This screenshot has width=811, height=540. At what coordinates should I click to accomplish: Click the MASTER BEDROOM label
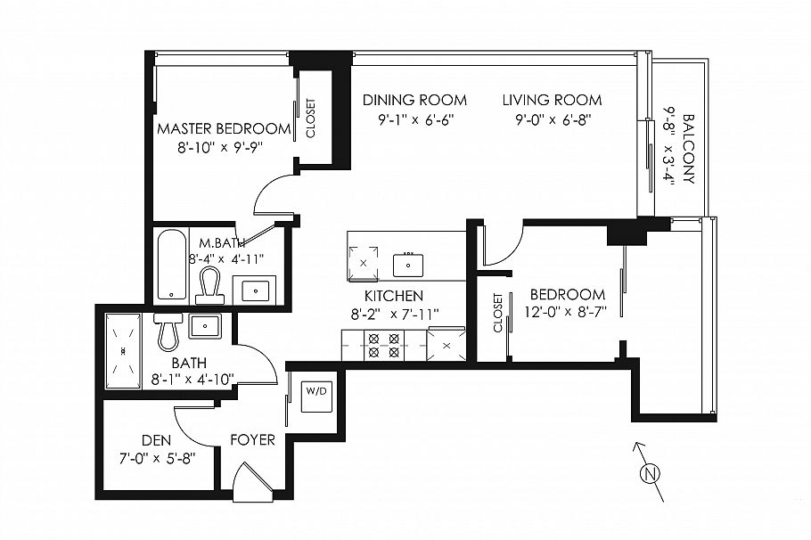(223, 128)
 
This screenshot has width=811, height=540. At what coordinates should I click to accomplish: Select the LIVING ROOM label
(551, 100)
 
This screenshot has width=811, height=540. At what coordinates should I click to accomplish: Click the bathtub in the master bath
(171, 266)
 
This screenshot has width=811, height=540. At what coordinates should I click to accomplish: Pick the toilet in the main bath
(168, 330)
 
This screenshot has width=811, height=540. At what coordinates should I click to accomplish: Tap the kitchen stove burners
(383, 345)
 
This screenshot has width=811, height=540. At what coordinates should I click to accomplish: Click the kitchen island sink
(410, 264)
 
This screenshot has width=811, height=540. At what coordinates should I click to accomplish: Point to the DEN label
(156, 439)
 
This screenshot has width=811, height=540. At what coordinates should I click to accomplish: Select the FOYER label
(252, 439)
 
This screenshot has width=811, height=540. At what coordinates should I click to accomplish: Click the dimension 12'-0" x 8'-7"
(567, 314)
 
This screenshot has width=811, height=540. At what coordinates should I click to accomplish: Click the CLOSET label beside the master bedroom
(311, 119)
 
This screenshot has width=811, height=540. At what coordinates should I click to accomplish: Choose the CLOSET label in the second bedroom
(497, 314)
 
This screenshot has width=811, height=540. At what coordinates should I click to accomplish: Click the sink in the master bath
(254, 290)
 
